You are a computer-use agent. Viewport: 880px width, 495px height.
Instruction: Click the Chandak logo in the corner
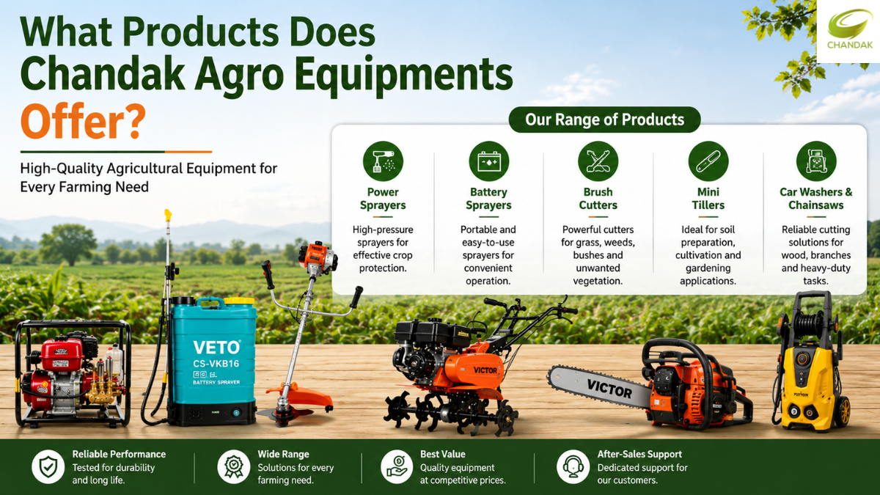[x=849, y=31]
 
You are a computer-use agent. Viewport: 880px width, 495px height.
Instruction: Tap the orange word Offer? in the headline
[x=83, y=122]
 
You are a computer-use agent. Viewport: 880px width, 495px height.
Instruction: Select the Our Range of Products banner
[x=604, y=120]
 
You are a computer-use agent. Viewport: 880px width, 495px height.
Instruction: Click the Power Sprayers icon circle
[x=383, y=161]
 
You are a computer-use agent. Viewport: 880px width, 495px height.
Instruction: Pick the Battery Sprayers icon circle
[x=488, y=161]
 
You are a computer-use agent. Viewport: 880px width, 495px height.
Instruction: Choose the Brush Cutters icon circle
[x=598, y=161]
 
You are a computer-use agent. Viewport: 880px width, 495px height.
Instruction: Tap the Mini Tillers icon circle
[x=708, y=161]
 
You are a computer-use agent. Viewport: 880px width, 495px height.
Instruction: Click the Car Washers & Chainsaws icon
[x=816, y=161]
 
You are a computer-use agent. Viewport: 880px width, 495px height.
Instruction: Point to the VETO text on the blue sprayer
[x=216, y=348]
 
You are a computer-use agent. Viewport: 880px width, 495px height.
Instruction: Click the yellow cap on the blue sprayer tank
[x=239, y=301]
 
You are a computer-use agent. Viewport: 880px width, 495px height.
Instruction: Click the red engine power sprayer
[x=73, y=373]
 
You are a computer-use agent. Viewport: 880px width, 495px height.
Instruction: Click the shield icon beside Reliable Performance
[x=48, y=466]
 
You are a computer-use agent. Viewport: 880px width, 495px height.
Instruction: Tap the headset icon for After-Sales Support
[x=573, y=466]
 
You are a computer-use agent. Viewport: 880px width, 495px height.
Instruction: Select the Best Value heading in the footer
[x=443, y=454]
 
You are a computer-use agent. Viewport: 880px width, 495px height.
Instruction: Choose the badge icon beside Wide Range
[x=234, y=466]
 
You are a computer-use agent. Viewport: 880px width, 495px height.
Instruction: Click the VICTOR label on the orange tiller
[x=485, y=370]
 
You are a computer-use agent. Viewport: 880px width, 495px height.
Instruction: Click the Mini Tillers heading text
[x=708, y=199]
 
